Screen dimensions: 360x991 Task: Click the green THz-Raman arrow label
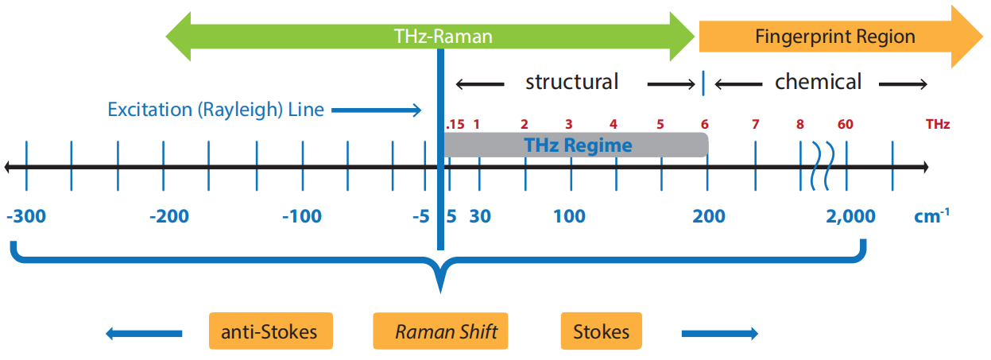(443, 37)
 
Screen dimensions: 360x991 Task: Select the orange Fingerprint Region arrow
(834, 37)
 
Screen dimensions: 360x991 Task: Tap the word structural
(571, 82)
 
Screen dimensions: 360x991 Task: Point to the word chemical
(818, 82)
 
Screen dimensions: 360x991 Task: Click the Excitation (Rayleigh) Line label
(215, 110)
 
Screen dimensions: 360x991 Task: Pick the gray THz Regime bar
(577, 145)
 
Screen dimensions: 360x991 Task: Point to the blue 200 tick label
(708, 216)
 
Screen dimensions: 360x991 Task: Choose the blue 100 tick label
(569, 216)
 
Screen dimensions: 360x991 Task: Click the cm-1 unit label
(931, 215)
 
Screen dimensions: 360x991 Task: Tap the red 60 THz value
(845, 125)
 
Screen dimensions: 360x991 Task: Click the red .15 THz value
(455, 125)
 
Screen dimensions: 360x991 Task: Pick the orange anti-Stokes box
(270, 331)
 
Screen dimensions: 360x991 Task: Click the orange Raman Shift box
(439, 331)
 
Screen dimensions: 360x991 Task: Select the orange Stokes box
(601, 331)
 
